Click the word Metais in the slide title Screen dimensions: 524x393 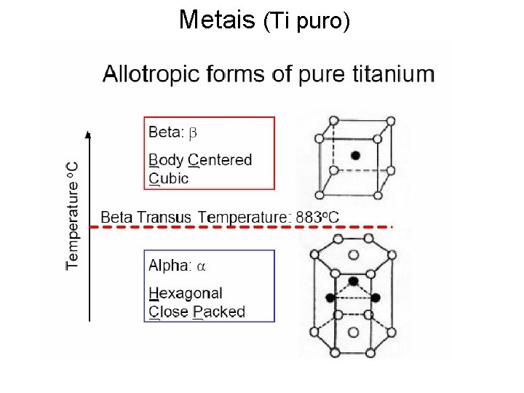pyautogui.click(x=217, y=20)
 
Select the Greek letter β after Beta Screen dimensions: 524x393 pyautogui.click(x=194, y=132)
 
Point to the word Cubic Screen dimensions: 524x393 pyautogui.click(x=169, y=178)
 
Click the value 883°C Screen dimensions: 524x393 pyautogui.click(x=317, y=217)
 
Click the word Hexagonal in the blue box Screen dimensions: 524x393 pyautogui.click(x=186, y=293)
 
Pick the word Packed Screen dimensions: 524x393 pyautogui.click(x=219, y=312)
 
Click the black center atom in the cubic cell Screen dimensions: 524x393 pyautogui.click(x=355, y=155)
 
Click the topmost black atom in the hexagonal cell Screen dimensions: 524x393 pyautogui.click(x=353, y=281)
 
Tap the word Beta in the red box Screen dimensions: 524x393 pyautogui.click(x=165, y=132)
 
